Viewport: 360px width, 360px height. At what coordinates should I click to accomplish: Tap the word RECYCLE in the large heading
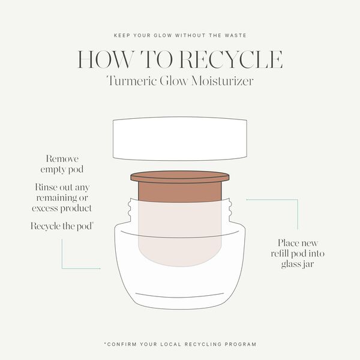point(230,59)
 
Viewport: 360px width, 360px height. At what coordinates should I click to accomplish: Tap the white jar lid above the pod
point(180,137)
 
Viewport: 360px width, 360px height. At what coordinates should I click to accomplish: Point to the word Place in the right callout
point(289,243)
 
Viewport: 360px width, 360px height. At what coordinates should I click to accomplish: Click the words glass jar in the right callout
point(297,264)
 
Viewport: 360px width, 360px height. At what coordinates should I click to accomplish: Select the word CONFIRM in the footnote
point(124,344)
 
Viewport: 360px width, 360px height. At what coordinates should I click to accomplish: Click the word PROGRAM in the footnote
point(238,344)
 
